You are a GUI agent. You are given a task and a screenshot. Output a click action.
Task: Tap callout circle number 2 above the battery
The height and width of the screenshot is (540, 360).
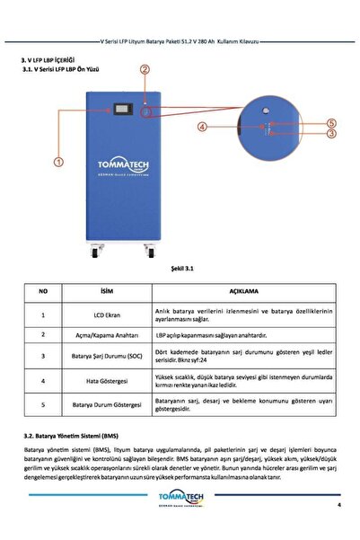click(x=145, y=69)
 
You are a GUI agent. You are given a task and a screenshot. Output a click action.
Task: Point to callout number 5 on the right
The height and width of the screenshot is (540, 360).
click(x=331, y=122)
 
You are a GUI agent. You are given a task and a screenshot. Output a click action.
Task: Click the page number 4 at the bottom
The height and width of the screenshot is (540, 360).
click(x=339, y=505)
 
